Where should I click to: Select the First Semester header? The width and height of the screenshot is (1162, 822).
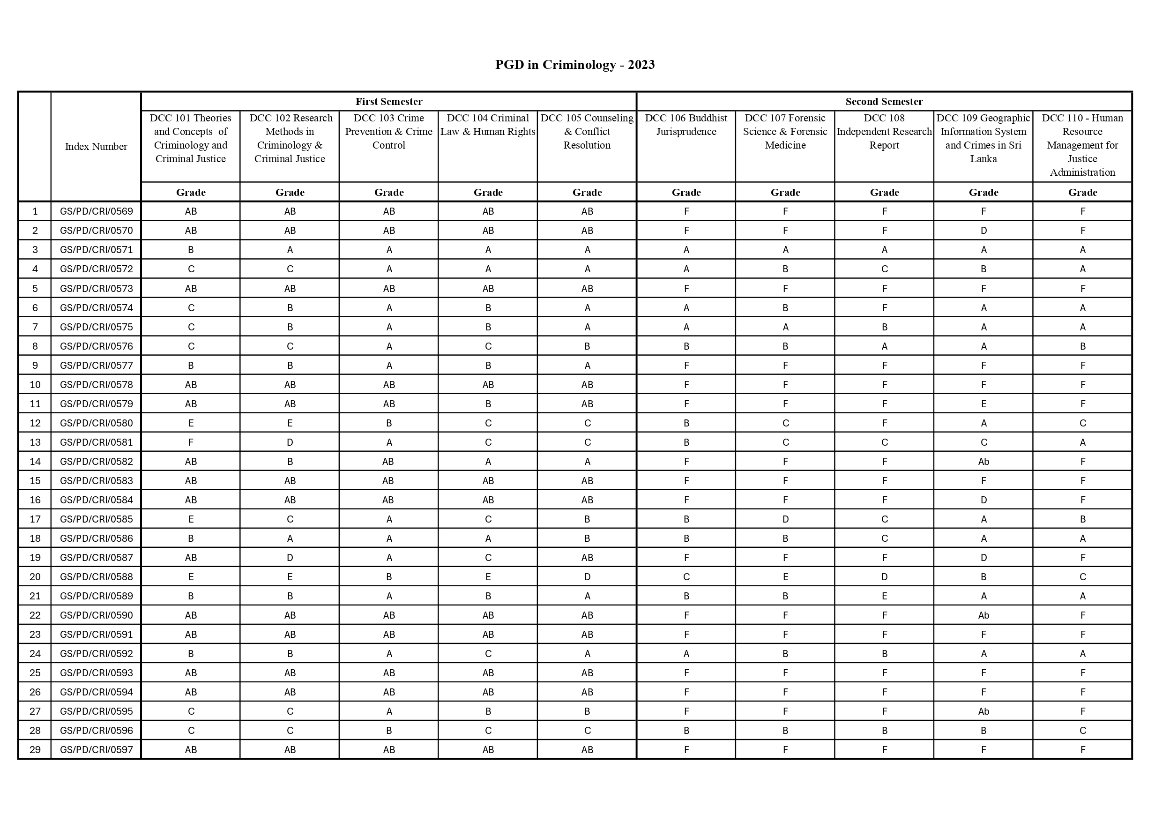point(389,102)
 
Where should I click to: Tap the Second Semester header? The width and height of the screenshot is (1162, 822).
point(884,102)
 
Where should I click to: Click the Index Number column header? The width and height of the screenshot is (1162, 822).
point(96,147)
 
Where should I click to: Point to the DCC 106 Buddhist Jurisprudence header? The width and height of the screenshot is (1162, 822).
point(686,125)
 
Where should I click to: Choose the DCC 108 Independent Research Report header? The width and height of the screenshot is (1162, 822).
point(884,132)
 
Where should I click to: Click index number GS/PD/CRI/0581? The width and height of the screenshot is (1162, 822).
point(96,442)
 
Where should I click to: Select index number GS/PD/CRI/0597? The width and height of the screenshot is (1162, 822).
point(96,750)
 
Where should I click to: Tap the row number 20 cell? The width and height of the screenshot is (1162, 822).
point(35,576)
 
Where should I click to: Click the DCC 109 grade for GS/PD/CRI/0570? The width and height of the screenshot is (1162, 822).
point(983,231)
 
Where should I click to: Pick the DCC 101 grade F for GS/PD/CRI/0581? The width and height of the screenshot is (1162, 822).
point(191,442)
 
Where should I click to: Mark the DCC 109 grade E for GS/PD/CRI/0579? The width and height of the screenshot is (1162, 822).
point(983,404)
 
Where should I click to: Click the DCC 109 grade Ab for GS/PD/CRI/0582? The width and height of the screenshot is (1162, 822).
point(983,462)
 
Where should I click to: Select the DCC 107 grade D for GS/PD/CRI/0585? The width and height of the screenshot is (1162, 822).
point(785,519)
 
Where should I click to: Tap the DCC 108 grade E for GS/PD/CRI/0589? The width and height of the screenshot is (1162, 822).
point(884,596)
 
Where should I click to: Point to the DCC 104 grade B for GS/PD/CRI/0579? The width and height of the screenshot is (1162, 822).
point(488,404)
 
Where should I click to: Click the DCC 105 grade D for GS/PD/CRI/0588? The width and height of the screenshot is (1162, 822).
point(587,577)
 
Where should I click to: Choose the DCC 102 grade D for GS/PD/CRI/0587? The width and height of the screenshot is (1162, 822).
point(290,558)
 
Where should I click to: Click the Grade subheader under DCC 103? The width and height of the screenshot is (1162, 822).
point(389,192)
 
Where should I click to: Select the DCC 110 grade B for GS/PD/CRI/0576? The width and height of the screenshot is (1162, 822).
point(1082,346)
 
